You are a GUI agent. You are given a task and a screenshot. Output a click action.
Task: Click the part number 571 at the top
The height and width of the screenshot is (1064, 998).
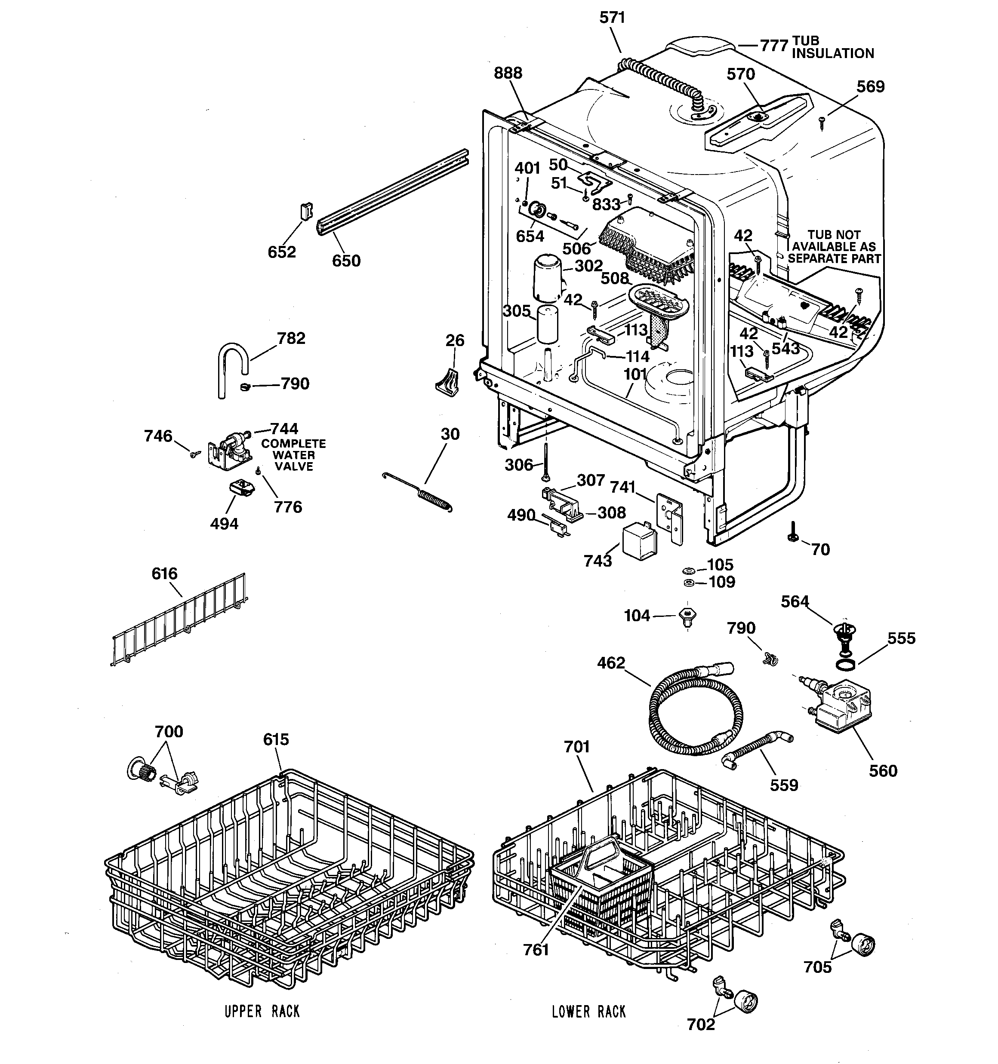pyautogui.click(x=612, y=18)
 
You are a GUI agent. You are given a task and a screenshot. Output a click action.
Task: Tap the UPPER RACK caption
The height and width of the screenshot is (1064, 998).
pyautogui.click(x=262, y=1012)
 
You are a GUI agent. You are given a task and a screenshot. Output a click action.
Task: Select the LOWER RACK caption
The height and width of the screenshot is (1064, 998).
pyautogui.click(x=589, y=1012)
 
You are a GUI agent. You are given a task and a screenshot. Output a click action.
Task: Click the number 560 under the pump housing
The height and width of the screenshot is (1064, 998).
pyautogui.click(x=882, y=771)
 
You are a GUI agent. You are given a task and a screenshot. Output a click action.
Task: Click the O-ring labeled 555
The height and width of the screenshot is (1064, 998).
pyautogui.click(x=845, y=664)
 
